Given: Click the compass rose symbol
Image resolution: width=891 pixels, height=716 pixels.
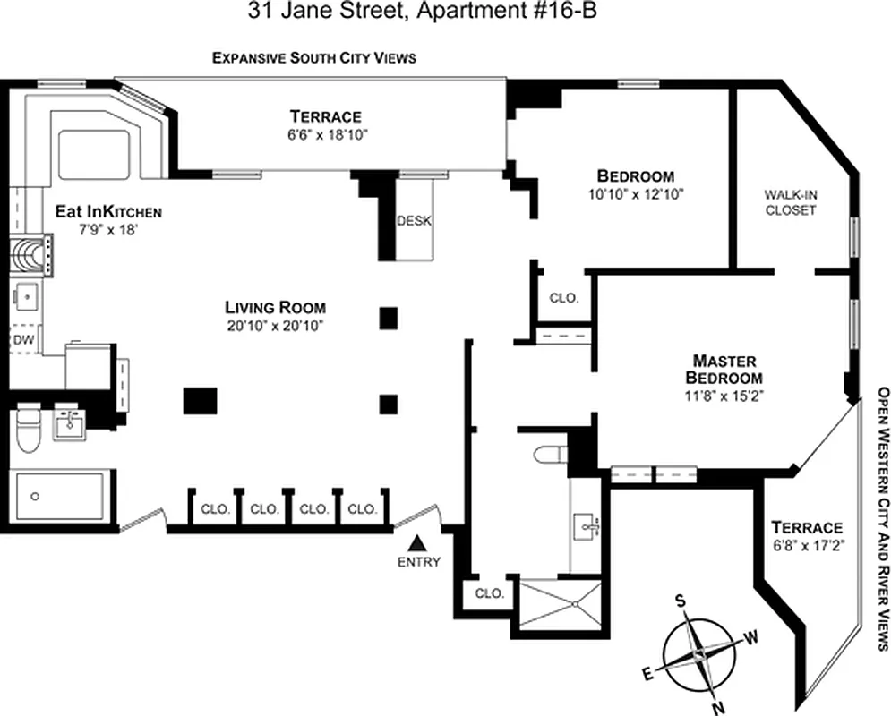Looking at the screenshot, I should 698,655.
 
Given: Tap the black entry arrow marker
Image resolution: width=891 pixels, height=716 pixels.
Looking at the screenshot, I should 416,542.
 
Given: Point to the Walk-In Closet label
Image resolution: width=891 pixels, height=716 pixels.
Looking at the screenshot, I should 790,202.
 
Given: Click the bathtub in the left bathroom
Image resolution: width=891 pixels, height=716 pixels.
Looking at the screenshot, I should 60,495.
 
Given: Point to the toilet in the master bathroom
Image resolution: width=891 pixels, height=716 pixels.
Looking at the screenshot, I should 549,454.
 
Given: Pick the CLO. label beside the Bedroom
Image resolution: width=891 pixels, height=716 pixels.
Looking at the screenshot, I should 563,298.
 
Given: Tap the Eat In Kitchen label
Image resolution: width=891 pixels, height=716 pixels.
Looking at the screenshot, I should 107,212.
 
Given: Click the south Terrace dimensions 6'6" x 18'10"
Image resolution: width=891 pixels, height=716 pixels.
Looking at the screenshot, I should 324,134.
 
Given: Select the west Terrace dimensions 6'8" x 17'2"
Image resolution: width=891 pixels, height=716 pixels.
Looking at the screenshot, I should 810,543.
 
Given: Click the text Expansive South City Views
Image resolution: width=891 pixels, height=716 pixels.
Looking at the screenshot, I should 313,58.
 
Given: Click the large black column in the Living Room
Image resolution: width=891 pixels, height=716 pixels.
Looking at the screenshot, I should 200,400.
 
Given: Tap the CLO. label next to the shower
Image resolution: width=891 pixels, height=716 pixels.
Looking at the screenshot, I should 489,592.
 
